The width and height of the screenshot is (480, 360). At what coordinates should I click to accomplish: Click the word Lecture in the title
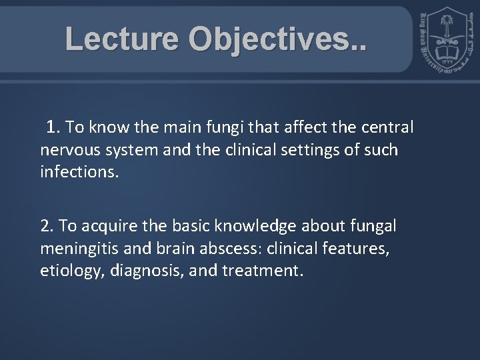tap(122, 39)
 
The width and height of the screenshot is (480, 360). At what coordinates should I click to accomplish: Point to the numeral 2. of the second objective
tap(47, 226)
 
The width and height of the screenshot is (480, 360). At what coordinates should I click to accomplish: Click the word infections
tap(79, 173)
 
